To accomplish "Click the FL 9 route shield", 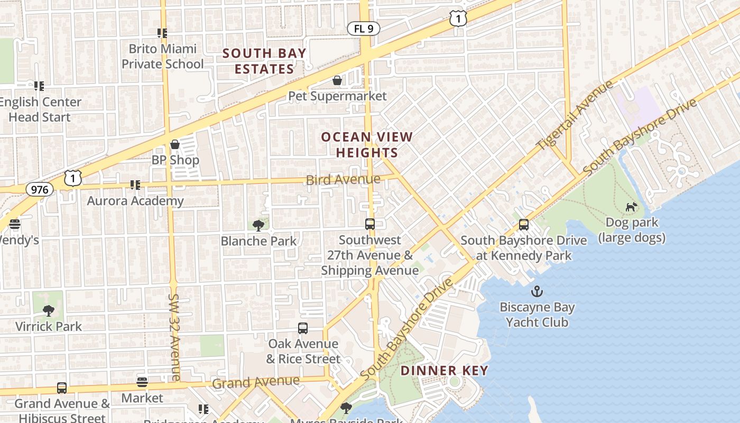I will pos(364,29).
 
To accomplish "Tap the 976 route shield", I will pos(40,189).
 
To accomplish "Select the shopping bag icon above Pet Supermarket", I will pos(337,80).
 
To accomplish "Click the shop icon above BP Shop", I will pos(175,144).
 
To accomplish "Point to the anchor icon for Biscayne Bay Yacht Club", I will pos(537,291).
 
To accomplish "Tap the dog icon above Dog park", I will pos(631,207).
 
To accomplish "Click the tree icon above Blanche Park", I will pos(258,226).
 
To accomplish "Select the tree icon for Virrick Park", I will pos(49,310).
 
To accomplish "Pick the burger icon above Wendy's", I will pos(15,224).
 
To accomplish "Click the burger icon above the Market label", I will pos(142,382).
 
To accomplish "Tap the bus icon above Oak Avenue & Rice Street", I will pos(303,328).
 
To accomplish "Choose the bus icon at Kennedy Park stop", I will pos(524,225).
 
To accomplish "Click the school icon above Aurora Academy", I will pos(135,185).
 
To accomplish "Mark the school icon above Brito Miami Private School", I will pos(162,33).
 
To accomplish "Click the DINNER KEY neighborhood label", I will pos(444,370).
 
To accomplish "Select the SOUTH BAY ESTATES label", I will pos(264,61).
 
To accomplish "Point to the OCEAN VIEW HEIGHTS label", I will pos(367,144).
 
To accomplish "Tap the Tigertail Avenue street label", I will pos(575,115).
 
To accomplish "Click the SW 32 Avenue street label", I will pos(175,337).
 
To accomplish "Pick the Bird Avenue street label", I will pos(343,179).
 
